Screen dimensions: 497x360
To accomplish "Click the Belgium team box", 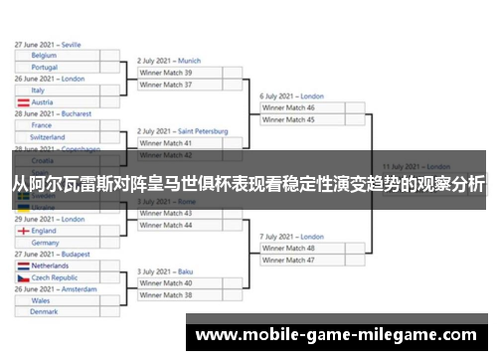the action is (60, 56).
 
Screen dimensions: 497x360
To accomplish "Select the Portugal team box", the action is (60, 68).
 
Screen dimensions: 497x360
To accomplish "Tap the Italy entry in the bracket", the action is (60, 90).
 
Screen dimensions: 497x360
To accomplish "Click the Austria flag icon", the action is (23, 102).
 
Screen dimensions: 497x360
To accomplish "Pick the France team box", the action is (60, 125).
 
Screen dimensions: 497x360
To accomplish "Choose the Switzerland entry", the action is (60, 137).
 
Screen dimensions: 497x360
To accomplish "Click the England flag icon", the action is (23, 231).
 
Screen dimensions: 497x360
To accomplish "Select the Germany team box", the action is (60, 243).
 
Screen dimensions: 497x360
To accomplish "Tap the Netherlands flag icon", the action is (23, 267).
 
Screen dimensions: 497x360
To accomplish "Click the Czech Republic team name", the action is (59, 278).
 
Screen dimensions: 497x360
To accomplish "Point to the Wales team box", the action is (60, 300).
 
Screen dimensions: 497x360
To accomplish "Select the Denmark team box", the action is (60, 312).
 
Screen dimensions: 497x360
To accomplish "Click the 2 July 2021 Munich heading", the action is (169, 61).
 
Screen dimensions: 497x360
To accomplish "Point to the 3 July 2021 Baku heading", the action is (166, 271).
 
